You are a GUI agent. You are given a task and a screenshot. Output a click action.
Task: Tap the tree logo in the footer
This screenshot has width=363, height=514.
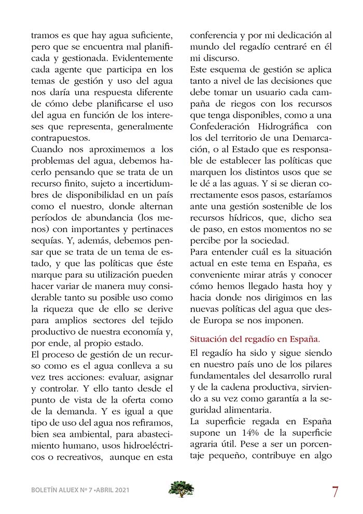click(181, 489)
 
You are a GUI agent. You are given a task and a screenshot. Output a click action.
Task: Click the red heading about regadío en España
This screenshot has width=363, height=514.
click(255, 340)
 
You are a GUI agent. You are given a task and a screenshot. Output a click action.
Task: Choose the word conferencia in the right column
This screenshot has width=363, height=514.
click(214, 36)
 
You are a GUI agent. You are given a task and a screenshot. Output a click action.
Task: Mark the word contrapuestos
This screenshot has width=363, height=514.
click(60, 139)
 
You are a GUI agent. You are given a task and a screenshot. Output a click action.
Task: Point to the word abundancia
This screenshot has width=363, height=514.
click(116, 218)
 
